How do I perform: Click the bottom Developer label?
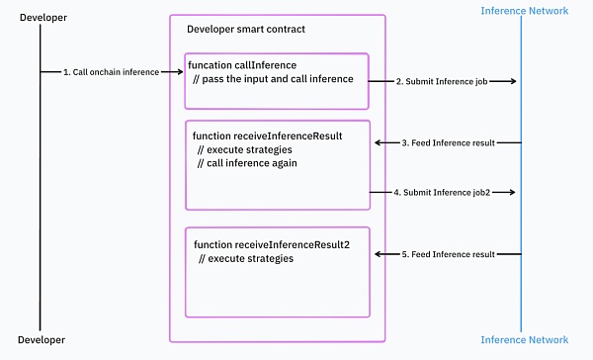(x=39, y=340)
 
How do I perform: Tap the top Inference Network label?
(x=523, y=10)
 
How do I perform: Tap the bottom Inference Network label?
(x=523, y=340)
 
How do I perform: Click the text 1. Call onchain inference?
(x=109, y=72)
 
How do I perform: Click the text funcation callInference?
(x=242, y=64)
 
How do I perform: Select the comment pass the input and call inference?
(x=274, y=78)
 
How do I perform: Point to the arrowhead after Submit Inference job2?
(x=512, y=191)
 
